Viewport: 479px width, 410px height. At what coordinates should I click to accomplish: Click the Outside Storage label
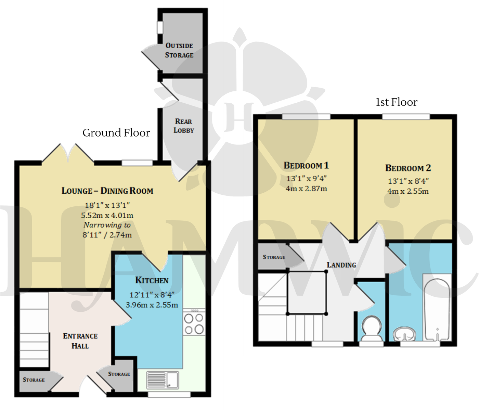point(179,50)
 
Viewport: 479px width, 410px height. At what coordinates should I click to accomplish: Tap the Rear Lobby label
point(184,126)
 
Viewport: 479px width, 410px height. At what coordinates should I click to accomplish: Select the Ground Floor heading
point(116,133)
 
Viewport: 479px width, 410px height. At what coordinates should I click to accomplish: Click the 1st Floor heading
point(397,102)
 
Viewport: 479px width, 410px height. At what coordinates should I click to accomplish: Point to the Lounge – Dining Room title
point(107,191)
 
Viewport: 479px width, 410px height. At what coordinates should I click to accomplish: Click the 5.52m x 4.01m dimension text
point(107,215)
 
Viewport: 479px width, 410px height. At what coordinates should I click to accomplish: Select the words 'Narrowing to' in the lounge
point(107,225)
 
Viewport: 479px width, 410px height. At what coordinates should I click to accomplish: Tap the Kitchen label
point(152,280)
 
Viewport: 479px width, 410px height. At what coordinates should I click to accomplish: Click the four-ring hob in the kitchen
point(194,324)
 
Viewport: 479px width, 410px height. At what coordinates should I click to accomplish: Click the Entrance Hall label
point(80,341)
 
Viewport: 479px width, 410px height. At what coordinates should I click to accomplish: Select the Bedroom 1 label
point(306,166)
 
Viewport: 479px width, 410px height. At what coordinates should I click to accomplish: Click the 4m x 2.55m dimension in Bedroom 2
point(408,191)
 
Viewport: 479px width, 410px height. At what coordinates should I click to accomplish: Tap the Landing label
point(341,265)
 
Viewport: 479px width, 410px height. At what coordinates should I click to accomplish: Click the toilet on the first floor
point(371,329)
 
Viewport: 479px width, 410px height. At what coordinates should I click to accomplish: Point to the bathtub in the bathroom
point(436,310)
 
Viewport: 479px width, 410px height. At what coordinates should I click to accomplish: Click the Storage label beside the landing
point(274,257)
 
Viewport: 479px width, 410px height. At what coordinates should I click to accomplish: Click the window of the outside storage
point(160,28)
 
